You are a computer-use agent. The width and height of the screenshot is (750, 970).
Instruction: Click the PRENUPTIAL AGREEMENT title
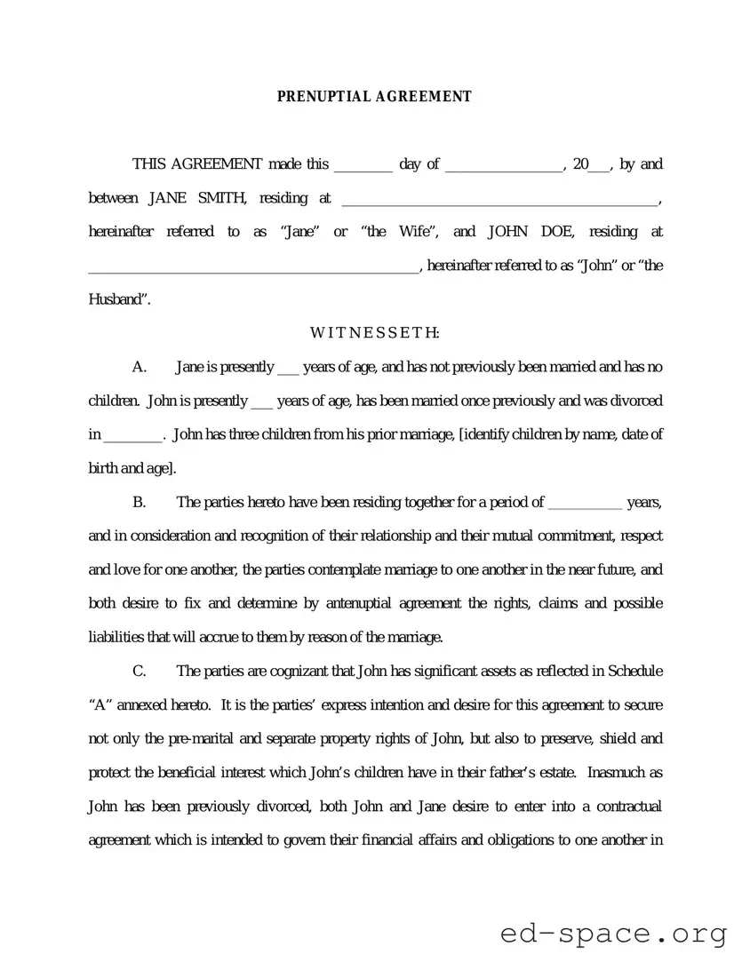[374, 97]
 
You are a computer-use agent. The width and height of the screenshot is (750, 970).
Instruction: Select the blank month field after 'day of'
[504, 165]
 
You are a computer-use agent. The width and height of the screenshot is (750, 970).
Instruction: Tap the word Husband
[117, 299]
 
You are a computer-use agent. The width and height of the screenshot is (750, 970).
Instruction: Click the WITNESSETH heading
[374, 333]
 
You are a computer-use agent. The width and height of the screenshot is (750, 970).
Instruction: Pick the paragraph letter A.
[139, 367]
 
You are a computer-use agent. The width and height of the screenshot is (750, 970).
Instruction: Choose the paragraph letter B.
[139, 503]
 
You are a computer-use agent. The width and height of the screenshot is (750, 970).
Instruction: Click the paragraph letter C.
[139, 671]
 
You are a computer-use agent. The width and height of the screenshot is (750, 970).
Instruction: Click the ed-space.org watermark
[614, 934]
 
